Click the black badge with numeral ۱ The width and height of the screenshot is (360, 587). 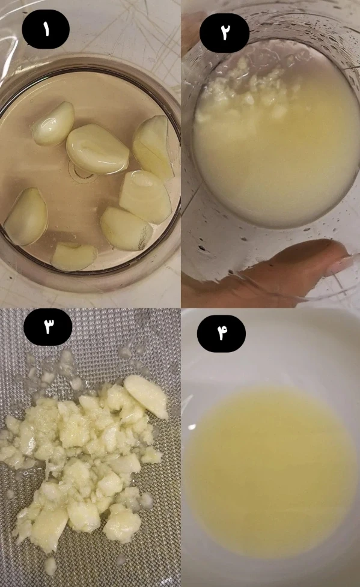tap(46, 29)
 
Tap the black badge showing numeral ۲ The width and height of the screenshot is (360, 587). tap(224, 33)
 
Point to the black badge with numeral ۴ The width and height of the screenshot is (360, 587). tap(221, 333)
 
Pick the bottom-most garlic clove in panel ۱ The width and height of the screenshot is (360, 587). tap(74, 257)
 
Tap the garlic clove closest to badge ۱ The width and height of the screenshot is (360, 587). tap(53, 124)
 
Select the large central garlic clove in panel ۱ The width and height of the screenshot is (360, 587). tap(97, 149)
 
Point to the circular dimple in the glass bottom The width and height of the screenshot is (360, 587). tap(80, 171)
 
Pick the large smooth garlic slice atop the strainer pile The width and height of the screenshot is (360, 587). tap(147, 396)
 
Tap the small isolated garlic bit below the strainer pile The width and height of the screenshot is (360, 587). tap(50, 566)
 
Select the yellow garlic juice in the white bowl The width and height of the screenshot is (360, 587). tap(270, 472)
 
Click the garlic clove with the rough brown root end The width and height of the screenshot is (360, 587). tap(126, 228)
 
